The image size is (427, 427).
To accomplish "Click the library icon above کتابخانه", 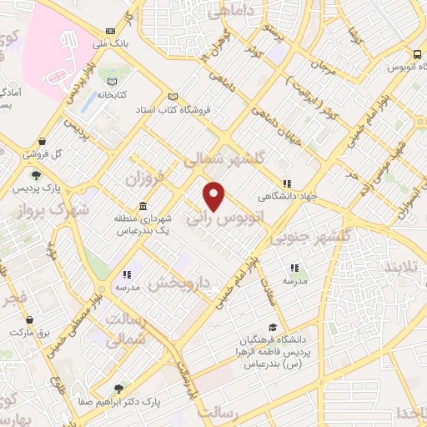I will tap(113, 81).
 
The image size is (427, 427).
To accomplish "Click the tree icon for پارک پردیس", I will tap(36, 175).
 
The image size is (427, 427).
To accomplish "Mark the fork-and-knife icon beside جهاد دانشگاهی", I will tap(286, 184).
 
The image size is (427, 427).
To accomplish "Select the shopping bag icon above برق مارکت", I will tap(30, 319).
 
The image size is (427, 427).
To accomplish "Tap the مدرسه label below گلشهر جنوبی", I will tap(294, 282).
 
